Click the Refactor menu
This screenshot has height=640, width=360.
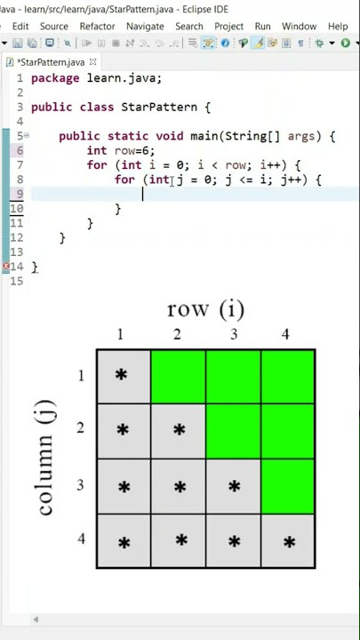tap(97, 26)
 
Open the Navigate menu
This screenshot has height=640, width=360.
tap(145, 26)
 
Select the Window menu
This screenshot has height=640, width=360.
tap(299, 26)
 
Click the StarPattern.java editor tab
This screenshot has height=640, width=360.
tap(51, 62)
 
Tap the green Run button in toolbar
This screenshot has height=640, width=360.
tap(345, 43)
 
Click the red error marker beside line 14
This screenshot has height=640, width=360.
tap(5, 267)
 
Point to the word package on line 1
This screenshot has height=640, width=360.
tap(55, 78)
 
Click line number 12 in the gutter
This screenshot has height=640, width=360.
tap(16, 237)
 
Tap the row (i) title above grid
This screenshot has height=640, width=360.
tap(205, 309)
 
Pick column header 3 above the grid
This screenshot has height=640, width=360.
tap(234, 335)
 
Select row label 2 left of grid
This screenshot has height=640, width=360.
tap(81, 428)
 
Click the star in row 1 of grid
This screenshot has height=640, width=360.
tap(121, 375)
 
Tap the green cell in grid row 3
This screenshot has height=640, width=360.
tap(288, 486)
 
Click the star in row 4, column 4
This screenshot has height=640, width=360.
tap(289, 542)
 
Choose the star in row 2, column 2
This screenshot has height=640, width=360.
tap(179, 429)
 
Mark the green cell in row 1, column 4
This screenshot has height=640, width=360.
tap(288, 376)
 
